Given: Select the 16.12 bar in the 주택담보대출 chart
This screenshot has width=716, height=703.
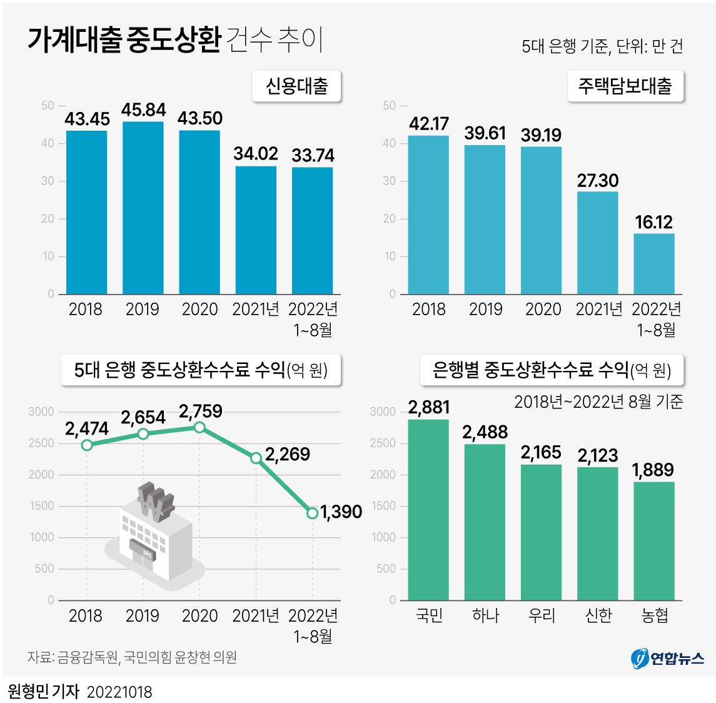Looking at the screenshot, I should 653,263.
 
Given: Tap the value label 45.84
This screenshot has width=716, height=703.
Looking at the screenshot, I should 143,110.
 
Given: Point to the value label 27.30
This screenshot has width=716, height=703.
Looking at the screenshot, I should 597,181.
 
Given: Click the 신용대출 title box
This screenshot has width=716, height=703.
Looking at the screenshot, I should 296,86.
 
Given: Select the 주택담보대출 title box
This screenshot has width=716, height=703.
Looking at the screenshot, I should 625,86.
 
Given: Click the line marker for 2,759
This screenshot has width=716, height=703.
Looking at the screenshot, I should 199,427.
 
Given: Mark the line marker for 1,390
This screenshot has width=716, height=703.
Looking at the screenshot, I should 313,513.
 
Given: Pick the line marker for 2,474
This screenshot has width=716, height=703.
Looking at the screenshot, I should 87,445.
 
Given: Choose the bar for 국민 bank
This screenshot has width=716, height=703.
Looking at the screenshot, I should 428,510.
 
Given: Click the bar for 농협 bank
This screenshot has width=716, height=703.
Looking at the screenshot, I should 653,540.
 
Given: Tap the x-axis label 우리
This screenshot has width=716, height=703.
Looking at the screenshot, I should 542,615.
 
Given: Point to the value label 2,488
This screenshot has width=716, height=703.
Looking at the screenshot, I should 485,432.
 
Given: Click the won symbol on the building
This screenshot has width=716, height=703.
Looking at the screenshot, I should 154,500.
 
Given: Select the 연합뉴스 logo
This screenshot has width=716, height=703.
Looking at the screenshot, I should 667,658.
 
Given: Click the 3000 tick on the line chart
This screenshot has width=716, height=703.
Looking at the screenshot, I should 41,412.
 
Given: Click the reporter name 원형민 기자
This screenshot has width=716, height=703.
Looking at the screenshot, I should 43,691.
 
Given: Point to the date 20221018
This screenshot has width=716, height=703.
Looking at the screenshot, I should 119,692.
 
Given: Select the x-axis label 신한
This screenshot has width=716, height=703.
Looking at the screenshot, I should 598,615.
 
